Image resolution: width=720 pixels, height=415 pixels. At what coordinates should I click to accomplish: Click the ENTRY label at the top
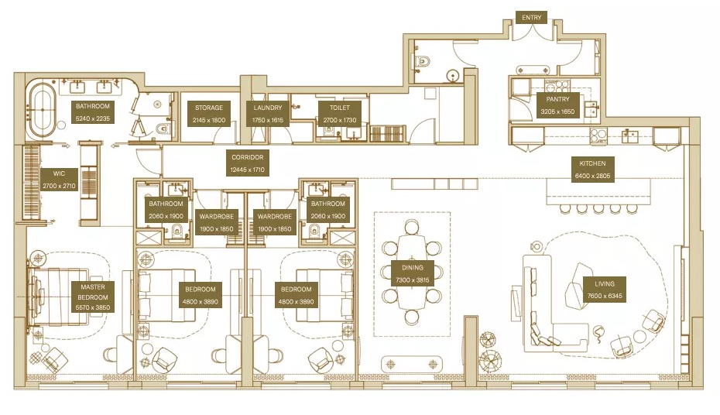pyautogui.click(x=533, y=16)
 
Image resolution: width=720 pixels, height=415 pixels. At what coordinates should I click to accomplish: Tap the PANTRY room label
pyautogui.click(x=557, y=105)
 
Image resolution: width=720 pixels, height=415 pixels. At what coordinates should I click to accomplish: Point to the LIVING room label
pyautogui.click(x=605, y=290)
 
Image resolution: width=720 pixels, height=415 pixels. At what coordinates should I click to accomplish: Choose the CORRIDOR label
pyautogui.click(x=248, y=163)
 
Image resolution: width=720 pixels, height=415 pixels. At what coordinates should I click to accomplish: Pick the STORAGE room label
pyautogui.click(x=209, y=114)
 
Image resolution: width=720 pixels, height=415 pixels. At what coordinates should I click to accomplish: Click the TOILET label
pyautogui.click(x=340, y=114)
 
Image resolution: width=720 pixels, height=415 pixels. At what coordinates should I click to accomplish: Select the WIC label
pyautogui.click(x=59, y=180)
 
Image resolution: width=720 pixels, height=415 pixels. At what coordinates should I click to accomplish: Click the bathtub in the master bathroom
pyautogui.click(x=43, y=111)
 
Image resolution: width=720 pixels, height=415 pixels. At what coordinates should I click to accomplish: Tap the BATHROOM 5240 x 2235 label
pyautogui.click(x=93, y=111)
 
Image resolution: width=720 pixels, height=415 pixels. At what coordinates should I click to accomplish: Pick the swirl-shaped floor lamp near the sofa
pyautogui.click(x=598, y=335)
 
